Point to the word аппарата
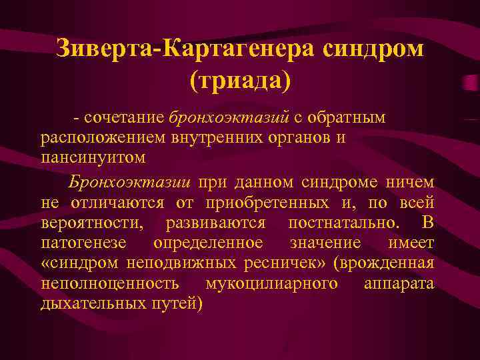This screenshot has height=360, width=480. (x=399, y=283)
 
